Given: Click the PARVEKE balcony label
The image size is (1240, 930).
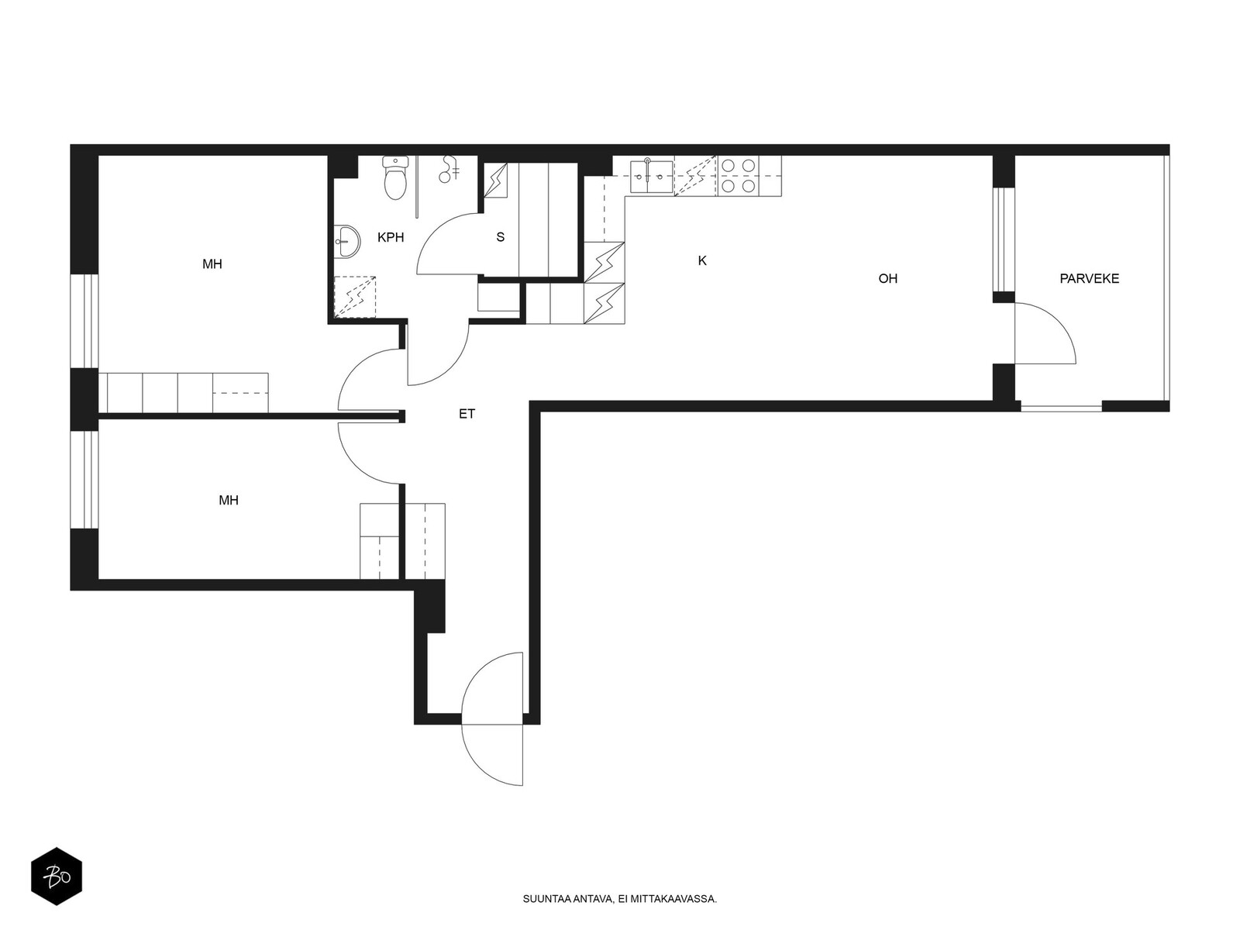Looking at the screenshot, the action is [1089, 278].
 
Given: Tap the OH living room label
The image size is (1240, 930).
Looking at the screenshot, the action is [887, 278].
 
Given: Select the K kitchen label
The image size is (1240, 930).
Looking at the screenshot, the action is [702, 260].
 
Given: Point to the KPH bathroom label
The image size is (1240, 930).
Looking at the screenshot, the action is [391, 237].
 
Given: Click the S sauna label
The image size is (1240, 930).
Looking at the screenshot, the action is [500, 237].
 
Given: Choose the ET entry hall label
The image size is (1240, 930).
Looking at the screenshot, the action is [467, 414].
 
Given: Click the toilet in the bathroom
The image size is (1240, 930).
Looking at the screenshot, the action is [395, 178].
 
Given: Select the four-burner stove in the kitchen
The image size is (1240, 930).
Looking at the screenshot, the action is [739, 176].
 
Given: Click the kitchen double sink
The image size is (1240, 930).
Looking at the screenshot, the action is [651, 176].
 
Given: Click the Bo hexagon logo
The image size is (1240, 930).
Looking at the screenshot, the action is [57, 876].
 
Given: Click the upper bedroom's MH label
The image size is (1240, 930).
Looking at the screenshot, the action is [212, 263].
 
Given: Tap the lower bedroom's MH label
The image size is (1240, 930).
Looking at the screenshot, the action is [228, 501].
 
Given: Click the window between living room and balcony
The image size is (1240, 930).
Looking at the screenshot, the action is [1004, 239].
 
